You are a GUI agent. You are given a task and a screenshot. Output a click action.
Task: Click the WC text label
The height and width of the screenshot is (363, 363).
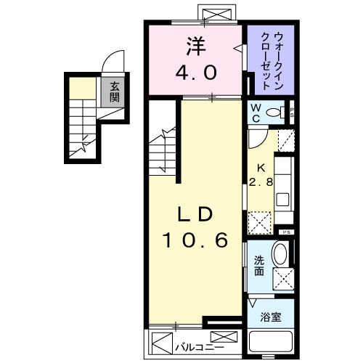tap(256, 113)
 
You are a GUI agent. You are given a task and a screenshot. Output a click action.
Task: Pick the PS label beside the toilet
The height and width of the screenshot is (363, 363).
tap(292, 113)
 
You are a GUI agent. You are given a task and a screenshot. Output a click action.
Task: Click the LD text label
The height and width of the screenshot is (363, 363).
tap(195, 216)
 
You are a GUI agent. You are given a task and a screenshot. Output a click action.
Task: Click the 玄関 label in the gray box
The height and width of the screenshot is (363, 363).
tap(115, 93)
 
